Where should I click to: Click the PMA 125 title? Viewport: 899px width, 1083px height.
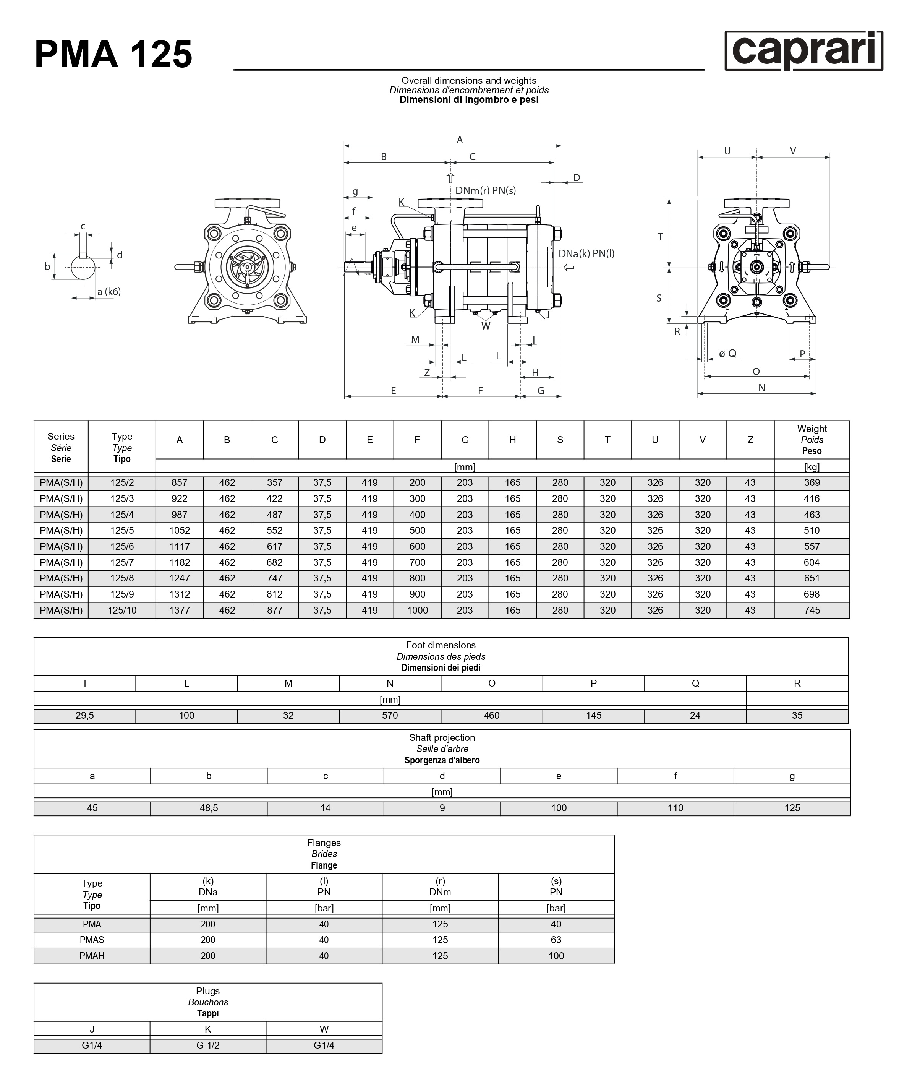(113, 54)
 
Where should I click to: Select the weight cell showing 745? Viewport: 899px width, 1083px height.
(812, 610)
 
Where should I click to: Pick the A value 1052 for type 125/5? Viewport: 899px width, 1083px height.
(180, 530)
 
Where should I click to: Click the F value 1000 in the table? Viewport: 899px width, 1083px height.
(417, 610)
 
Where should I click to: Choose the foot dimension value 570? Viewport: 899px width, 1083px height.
(390, 715)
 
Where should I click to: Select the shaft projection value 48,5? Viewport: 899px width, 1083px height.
(209, 808)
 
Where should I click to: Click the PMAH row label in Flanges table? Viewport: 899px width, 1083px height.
(92, 956)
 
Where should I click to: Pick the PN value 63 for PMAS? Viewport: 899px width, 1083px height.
(556, 940)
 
